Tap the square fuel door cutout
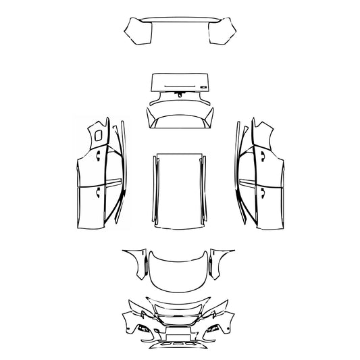point(99,135)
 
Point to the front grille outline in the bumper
point(180,317)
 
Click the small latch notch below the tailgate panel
point(178,97)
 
